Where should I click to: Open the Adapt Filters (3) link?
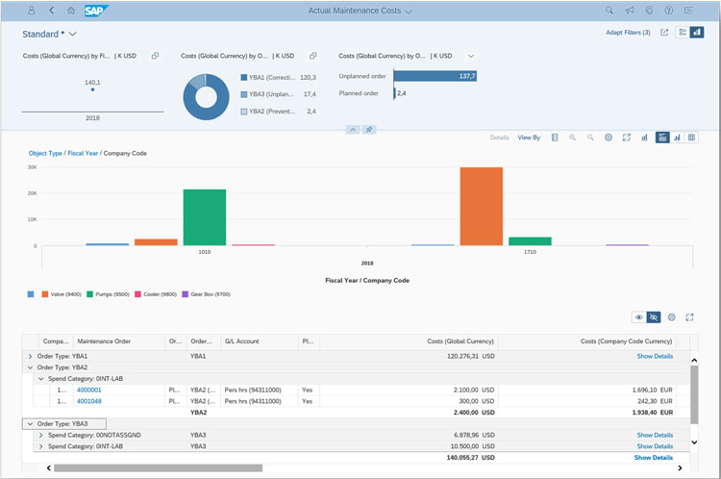(x=628, y=33)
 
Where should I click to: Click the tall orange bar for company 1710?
(x=481, y=206)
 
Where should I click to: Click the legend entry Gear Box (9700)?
(x=210, y=293)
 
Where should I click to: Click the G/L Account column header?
(x=242, y=340)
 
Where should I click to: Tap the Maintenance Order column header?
(x=104, y=340)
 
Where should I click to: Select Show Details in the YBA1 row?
(x=654, y=356)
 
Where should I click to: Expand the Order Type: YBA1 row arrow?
(x=30, y=356)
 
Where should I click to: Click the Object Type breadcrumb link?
(x=45, y=153)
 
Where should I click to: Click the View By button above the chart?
(x=529, y=138)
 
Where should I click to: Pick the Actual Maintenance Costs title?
(x=355, y=11)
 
